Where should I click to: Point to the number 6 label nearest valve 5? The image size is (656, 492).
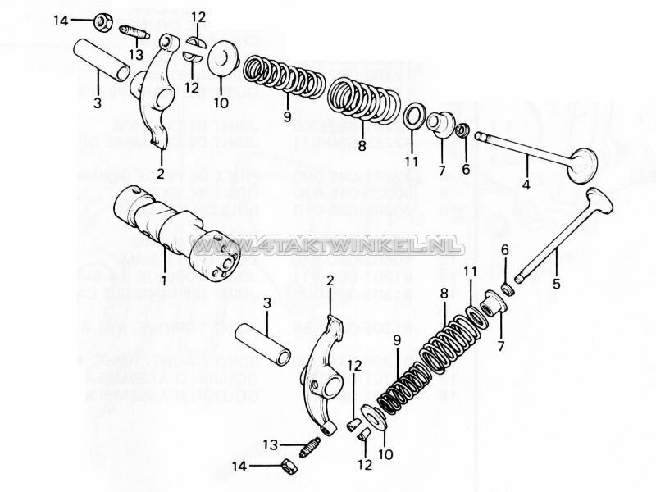click(505, 250)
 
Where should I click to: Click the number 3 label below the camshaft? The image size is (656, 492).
click(266, 304)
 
